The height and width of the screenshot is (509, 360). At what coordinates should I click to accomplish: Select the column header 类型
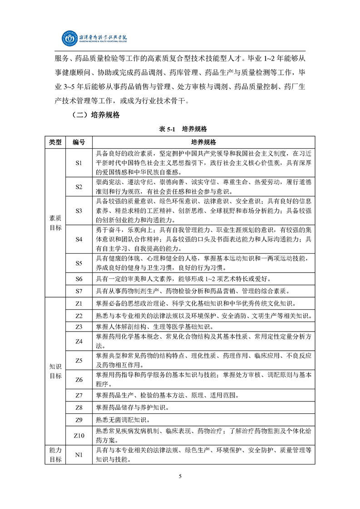pos(55,142)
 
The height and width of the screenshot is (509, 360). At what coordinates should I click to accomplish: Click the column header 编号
pos(79,142)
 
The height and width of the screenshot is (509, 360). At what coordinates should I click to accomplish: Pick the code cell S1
pos(79,162)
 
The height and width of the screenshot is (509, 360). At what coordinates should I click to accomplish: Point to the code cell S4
pos(79,239)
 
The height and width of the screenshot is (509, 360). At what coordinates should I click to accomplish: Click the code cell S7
pos(79,290)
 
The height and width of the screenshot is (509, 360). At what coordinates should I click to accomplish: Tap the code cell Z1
pos(79,303)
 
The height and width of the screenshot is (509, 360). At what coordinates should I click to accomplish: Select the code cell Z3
pos(79,327)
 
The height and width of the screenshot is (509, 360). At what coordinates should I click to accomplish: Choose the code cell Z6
pos(79,379)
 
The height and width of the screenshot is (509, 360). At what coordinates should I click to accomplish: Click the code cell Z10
pos(79,436)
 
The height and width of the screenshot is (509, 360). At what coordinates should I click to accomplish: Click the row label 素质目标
pos(55,222)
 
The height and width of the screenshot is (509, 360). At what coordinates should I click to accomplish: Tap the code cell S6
pos(79,278)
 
